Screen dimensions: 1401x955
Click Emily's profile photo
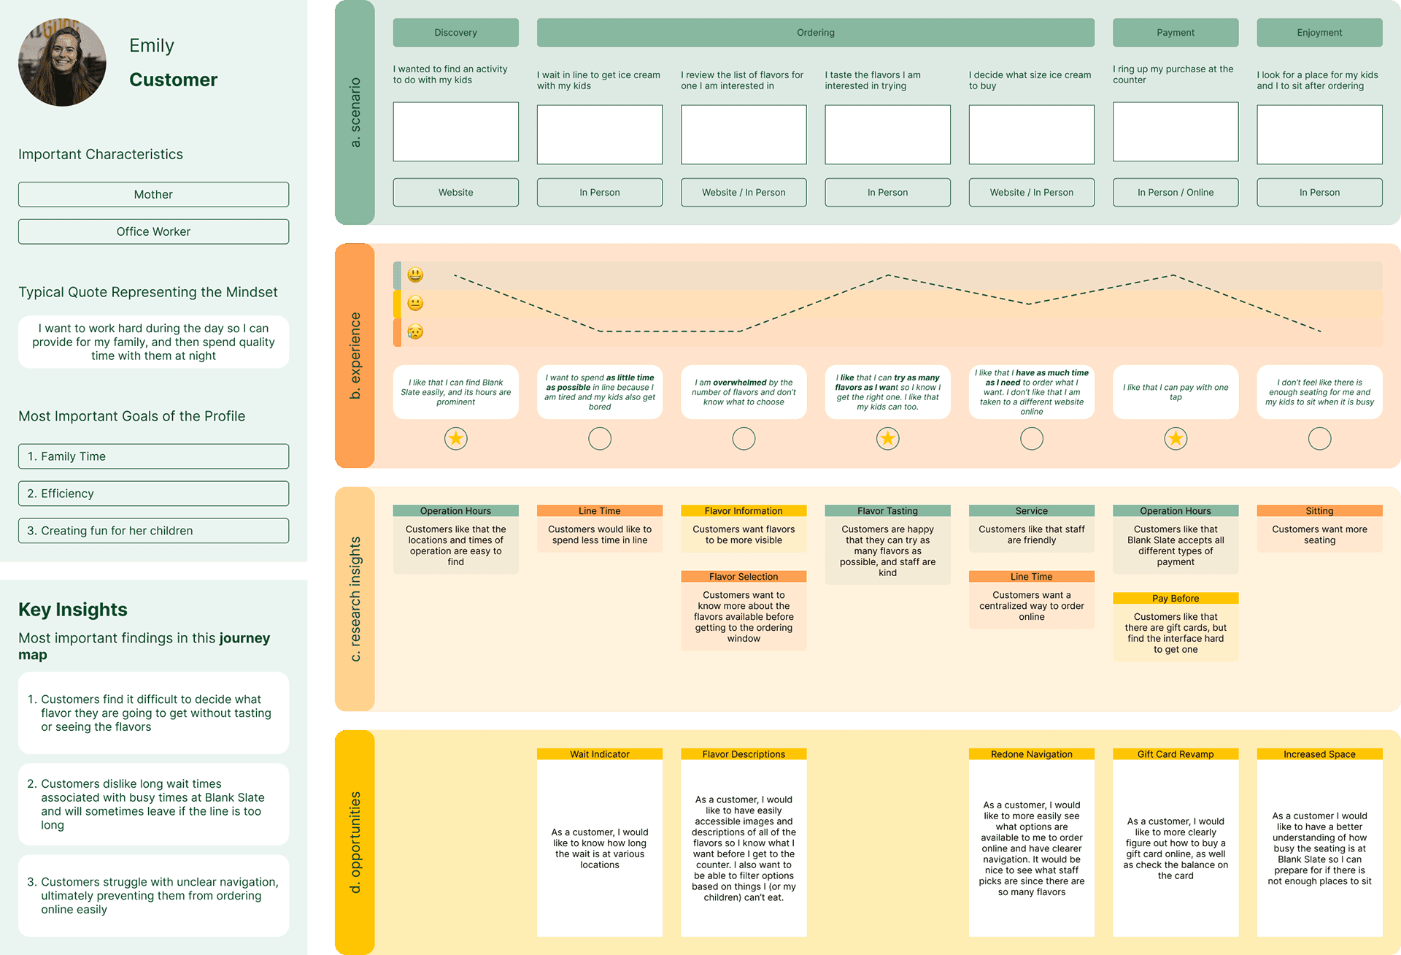tap(62, 63)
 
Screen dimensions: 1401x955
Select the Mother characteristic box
tap(153, 194)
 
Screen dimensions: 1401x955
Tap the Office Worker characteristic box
tap(153, 231)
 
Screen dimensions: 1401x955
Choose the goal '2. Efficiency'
tap(153, 494)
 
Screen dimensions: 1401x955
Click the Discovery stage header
tap(455, 33)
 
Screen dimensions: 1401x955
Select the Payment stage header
tap(1175, 33)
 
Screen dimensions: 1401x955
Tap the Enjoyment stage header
tap(1319, 33)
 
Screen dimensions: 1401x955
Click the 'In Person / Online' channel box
tap(1175, 193)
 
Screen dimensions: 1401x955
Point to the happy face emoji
tap(415, 275)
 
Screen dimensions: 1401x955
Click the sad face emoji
tap(415, 331)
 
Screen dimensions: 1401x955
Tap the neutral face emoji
tap(415, 303)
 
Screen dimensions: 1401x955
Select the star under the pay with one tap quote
tap(1175, 439)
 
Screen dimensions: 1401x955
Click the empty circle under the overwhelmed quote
tap(744, 439)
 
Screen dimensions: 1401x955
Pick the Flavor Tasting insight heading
tap(887, 511)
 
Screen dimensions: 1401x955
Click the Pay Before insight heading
tap(1175, 599)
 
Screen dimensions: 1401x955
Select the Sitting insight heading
tap(1319, 511)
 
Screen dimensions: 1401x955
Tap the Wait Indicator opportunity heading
tap(599, 754)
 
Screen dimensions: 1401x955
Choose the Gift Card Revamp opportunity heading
tap(1175, 754)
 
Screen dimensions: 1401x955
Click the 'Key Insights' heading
tap(73, 610)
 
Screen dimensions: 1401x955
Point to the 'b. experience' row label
tap(355, 356)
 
